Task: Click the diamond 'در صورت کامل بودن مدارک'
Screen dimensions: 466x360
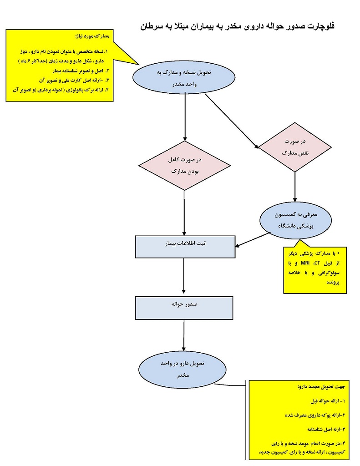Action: pyautogui.click(x=184, y=166)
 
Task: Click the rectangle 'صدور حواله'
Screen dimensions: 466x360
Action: pyautogui.click(x=184, y=307)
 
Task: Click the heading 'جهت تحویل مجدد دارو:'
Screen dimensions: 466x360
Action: pyautogui.click(x=322, y=387)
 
